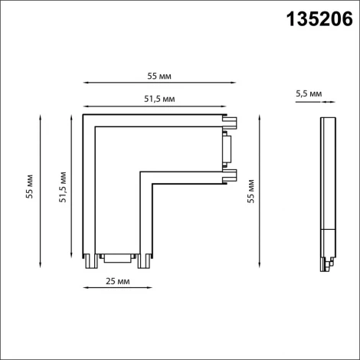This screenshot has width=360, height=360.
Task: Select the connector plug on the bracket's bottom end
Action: coord(116,260)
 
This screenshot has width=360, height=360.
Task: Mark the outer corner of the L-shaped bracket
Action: coord(84,116)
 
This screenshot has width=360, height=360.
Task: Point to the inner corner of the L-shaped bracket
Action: coord(140,173)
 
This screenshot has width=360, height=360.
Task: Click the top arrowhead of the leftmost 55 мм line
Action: coord(38,116)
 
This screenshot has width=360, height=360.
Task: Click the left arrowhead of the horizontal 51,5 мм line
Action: coord(85,106)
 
